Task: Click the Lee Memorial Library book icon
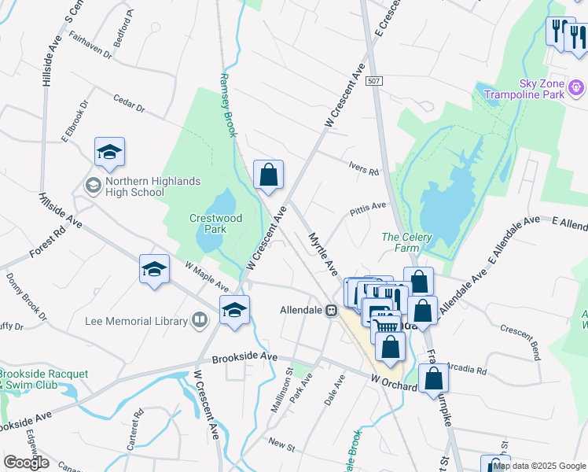(x=200, y=320)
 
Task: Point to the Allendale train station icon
(x=332, y=310)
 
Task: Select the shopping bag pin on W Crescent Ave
(x=268, y=175)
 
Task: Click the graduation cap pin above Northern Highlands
(x=110, y=152)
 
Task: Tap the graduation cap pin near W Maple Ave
(x=155, y=270)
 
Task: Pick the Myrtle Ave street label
(x=322, y=253)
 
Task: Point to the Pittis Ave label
(x=369, y=208)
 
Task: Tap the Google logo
(x=25, y=463)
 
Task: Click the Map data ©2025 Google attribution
(x=538, y=466)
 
